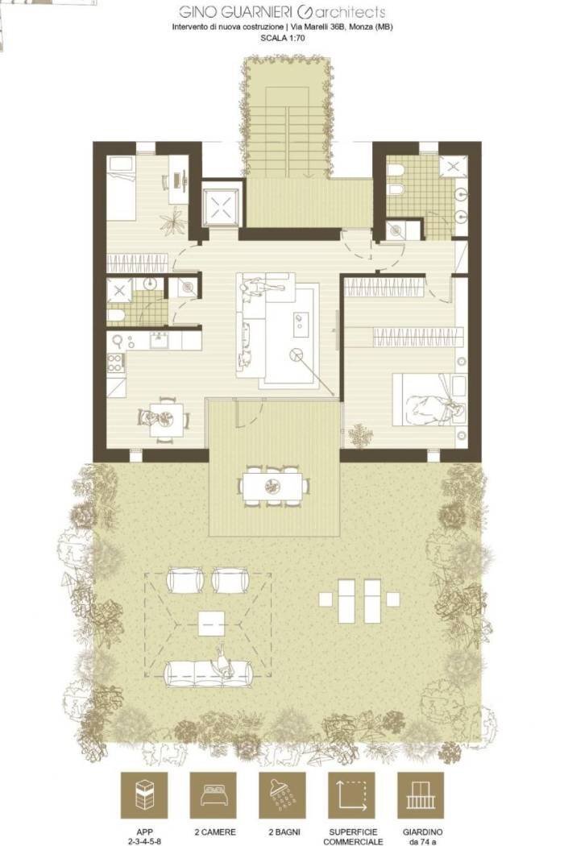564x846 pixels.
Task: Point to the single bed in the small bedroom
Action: click(120, 189)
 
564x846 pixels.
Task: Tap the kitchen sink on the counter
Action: click(160, 340)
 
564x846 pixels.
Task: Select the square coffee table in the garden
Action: click(211, 624)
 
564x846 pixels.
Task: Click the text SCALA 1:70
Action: click(282, 38)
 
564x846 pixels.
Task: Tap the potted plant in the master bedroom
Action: click(359, 435)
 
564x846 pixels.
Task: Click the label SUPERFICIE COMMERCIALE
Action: click(353, 837)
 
